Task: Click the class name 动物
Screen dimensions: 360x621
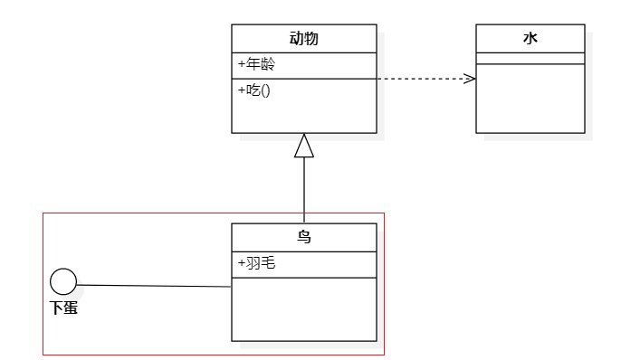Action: pyautogui.click(x=303, y=39)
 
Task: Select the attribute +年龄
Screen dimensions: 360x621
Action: pyautogui.click(x=256, y=65)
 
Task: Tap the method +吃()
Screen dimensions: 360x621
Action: pyautogui.click(x=253, y=90)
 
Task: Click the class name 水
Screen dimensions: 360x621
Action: pyautogui.click(x=530, y=39)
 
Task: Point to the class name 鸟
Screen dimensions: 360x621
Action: pyautogui.click(x=304, y=238)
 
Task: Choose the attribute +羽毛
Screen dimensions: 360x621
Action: pyautogui.click(x=256, y=264)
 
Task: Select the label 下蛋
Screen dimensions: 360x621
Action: pyautogui.click(x=63, y=308)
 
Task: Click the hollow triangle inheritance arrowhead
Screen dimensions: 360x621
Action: pyautogui.click(x=304, y=146)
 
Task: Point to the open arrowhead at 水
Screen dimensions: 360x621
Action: pyautogui.click(x=470, y=79)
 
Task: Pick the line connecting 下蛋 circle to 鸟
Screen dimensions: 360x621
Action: pyautogui.click(x=154, y=286)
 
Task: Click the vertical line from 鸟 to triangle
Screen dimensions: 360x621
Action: pyautogui.click(x=304, y=190)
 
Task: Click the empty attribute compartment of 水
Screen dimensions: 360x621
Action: pyautogui.click(x=530, y=59)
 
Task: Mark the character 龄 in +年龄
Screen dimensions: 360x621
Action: pyautogui.click(x=267, y=65)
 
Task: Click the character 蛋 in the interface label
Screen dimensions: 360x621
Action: pyautogui.click(x=71, y=308)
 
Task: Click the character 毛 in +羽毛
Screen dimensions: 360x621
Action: pyautogui.click(x=268, y=264)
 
